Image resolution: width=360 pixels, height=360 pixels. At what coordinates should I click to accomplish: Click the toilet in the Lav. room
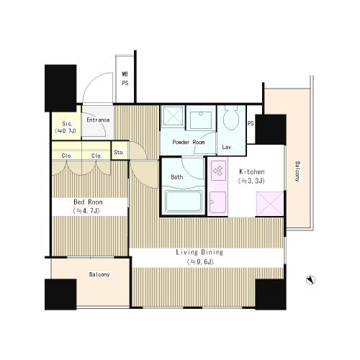[x=231, y=117]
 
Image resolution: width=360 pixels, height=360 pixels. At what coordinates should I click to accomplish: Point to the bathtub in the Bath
[x=184, y=201]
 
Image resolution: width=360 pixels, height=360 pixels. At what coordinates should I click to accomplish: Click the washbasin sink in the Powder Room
[x=201, y=120]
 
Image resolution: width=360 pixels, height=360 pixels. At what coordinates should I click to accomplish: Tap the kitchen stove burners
[x=218, y=171]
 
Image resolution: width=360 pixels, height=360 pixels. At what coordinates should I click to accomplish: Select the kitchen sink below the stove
[x=217, y=202]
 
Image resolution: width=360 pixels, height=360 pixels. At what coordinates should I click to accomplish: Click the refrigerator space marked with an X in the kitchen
[x=270, y=204]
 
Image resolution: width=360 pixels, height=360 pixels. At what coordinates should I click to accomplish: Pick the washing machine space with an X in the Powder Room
[x=173, y=117]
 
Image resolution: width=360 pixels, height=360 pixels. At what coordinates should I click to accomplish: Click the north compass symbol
[x=310, y=280]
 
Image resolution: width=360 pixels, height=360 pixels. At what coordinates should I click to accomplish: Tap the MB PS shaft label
[x=125, y=78]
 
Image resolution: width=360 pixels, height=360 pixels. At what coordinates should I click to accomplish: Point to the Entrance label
[x=98, y=120]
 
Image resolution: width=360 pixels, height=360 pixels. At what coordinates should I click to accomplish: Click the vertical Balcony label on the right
[x=297, y=171]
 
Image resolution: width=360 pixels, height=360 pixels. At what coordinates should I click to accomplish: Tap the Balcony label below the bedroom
[x=99, y=274]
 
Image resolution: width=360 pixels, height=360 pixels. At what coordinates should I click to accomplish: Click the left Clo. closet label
[x=67, y=156]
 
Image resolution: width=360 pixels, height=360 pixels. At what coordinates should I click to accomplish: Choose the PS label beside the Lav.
[x=251, y=123]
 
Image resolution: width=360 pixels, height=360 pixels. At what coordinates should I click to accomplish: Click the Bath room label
[x=177, y=177]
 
